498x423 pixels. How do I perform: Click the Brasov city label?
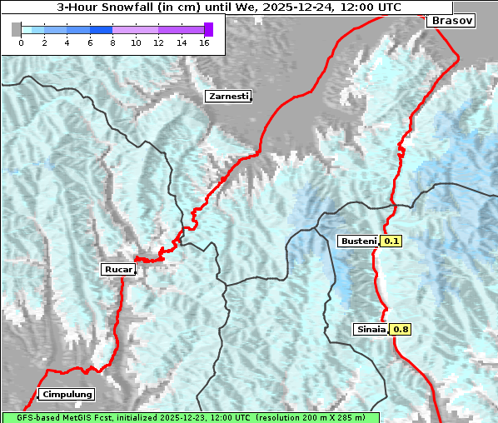coord(453,20)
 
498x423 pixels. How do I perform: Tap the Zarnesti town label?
coord(228,97)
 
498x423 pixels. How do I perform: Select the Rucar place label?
coord(117,269)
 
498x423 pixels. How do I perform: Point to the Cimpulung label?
coord(67,394)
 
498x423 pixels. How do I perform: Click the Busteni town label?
coord(358,241)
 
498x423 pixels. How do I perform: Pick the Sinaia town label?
coord(371,329)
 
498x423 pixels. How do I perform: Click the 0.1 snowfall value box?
coord(391,241)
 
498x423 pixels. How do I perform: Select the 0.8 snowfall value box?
coord(401,329)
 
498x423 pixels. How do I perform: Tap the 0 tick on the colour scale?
coord(21,42)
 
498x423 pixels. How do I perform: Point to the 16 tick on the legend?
coord(204,42)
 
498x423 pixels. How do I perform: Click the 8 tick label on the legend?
coord(112,42)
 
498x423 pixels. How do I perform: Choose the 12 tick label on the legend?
coord(158,42)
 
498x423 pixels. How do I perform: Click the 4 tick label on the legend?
coord(67,42)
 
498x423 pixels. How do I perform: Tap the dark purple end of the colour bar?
coord(208,29)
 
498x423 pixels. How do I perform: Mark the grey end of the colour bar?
coord(16,29)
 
